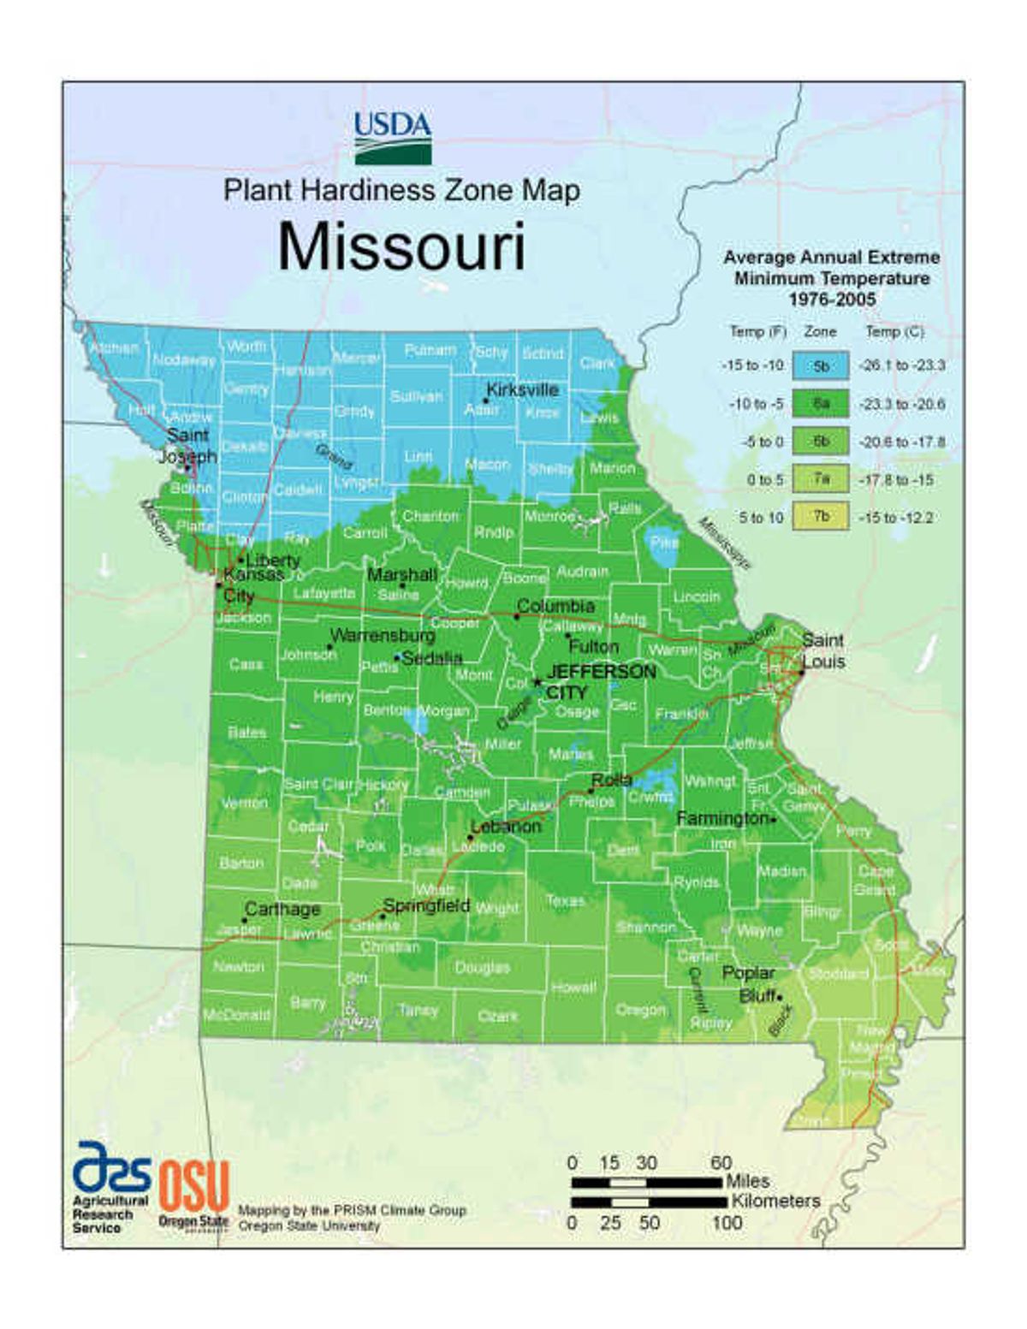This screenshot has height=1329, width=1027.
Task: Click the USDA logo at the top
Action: point(393,138)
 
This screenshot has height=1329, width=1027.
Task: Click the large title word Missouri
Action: point(401,247)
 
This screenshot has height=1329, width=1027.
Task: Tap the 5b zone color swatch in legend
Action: point(821,366)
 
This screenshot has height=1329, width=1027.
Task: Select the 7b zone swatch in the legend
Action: point(821,517)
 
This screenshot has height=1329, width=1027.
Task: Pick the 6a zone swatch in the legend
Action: point(821,403)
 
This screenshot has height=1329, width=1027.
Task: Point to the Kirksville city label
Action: point(522,389)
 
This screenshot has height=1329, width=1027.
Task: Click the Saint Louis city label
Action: point(822,650)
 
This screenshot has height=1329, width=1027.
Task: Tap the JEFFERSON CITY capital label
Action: point(601,681)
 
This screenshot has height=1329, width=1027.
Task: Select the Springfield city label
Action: point(426,905)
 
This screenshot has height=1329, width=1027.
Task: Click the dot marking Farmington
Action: point(774,820)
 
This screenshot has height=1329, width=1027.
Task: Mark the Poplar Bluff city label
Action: point(749,984)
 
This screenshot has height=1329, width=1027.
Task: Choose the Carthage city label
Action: point(282,909)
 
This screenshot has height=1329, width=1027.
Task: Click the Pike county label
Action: point(664,543)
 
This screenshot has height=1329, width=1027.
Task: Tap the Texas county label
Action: point(565,900)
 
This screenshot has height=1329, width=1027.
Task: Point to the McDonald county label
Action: point(236,1015)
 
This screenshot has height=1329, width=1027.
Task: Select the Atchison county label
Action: point(114,348)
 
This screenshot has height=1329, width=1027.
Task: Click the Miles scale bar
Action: point(646,1183)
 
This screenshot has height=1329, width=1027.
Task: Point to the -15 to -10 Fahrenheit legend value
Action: point(751,366)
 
